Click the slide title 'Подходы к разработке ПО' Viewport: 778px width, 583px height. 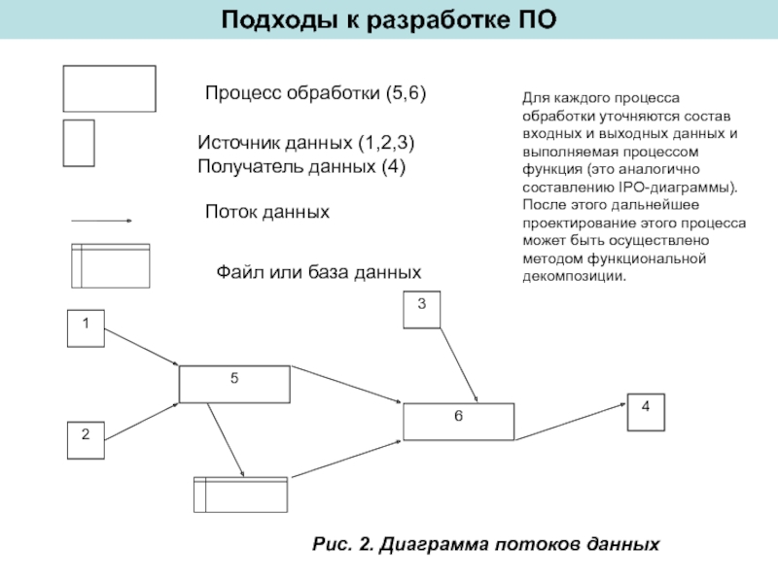[389, 18]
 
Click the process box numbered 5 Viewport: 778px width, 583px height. [234, 383]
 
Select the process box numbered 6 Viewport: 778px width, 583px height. [458, 422]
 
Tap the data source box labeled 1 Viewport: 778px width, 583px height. [86, 327]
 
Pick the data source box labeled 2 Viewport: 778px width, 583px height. [86, 439]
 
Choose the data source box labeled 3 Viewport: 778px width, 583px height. [421, 310]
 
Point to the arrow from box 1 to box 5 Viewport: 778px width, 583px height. [142, 347]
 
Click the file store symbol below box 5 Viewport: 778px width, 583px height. [241, 494]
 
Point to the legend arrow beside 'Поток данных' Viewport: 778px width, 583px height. [102, 222]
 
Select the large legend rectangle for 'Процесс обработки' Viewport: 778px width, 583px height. [109, 88]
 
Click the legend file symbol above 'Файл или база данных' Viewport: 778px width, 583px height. [111, 264]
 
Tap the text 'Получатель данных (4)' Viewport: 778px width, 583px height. [301, 166]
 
